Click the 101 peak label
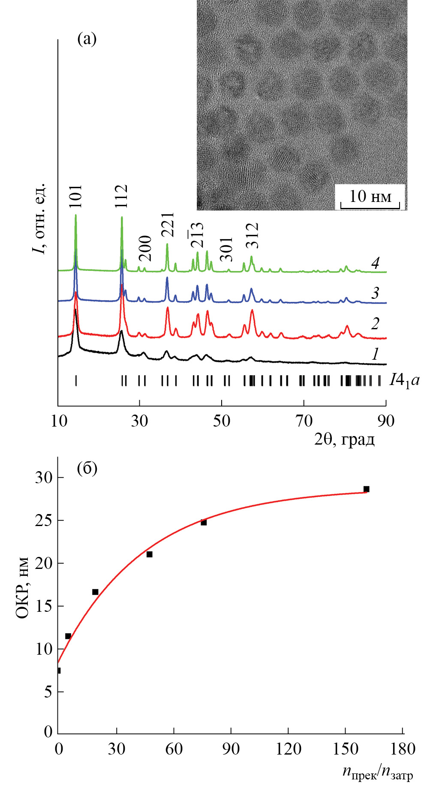[75, 196]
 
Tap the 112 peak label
[122, 196]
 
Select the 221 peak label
[168, 225]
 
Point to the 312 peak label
[252, 235]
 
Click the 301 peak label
[226, 249]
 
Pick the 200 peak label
[145, 248]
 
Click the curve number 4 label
[375, 263]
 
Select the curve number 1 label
[375, 354]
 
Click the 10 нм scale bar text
[370, 196]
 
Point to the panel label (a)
[87, 39]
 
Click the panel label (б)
[87, 468]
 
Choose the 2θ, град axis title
[344, 439]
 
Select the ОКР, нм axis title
[22, 588]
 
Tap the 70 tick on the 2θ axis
[304, 421]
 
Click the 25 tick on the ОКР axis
[44, 520]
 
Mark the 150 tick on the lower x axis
[346, 749]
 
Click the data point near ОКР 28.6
[366, 489]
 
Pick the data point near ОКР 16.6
[95, 592]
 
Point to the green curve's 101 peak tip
[75, 215]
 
